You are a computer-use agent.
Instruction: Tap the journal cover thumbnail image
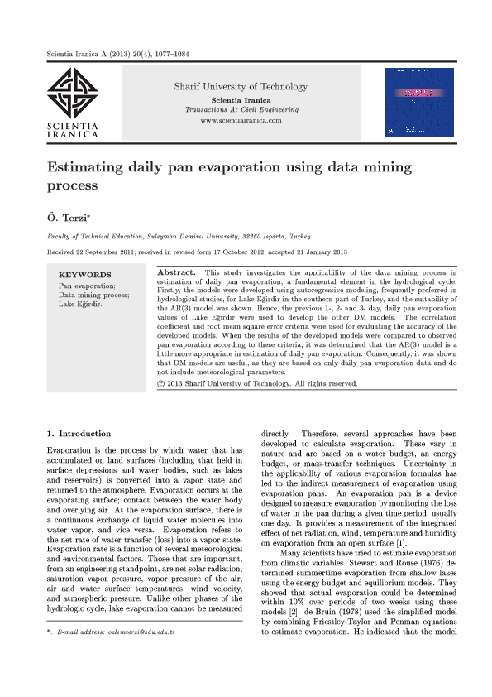point(418,101)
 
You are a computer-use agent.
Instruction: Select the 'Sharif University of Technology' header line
point(240,87)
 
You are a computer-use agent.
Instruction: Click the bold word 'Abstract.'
point(176,272)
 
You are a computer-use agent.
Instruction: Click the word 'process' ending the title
point(73,185)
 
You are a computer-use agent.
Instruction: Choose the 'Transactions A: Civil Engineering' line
point(241,109)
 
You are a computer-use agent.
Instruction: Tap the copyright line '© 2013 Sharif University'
point(256,384)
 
